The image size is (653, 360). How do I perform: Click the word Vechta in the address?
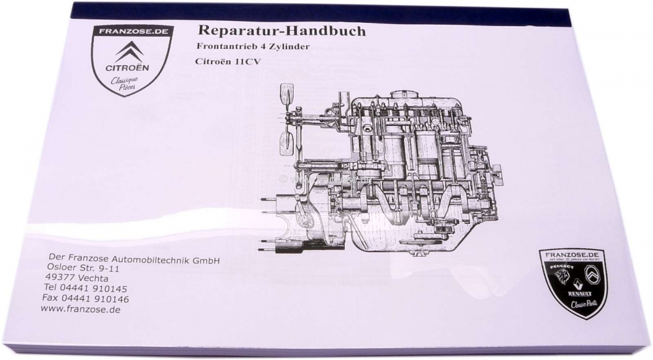99,278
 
